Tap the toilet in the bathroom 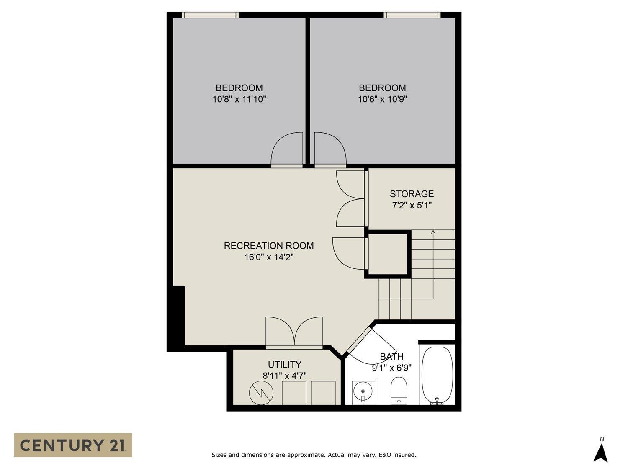point(399,390)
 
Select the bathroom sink point(363,392)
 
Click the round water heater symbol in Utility point(261,393)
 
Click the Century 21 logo point(73,445)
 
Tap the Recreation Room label point(268,246)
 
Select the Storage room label point(412,194)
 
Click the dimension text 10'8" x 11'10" point(239,99)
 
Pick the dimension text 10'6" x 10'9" point(382,99)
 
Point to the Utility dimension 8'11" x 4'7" point(284,376)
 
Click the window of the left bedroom point(210,15)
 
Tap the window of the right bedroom point(412,15)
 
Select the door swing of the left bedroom point(287,149)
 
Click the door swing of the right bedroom point(330,149)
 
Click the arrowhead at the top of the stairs point(433,232)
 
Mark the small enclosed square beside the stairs point(388,254)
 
